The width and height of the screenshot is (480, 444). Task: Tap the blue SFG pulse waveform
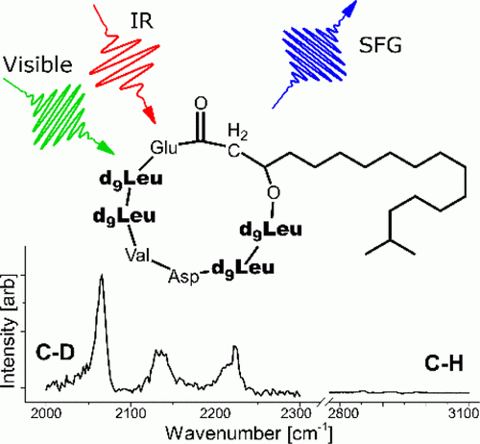pyautogui.click(x=314, y=56)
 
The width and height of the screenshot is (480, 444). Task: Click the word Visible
pyautogui.click(x=37, y=64)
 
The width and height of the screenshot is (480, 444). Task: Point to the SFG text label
pyautogui.click(x=380, y=45)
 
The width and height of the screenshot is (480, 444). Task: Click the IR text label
pyautogui.click(x=142, y=21)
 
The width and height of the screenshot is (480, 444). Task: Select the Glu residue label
pyautogui.click(x=163, y=148)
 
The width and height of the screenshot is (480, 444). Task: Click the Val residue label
pyautogui.click(x=137, y=256)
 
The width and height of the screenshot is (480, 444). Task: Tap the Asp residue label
pyautogui.click(x=183, y=277)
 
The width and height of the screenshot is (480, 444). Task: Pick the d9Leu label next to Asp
pyautogui.click(x=243, y=268)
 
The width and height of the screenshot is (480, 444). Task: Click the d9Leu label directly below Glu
pyautogui.click(x=132, y=179)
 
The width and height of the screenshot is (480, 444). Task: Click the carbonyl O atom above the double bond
pyautogui.click(x=201, y=104)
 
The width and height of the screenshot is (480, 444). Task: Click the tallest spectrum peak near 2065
pyautogui.click(x=102, y=276)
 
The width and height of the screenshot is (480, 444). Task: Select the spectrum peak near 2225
pyautogui.click(x=235, y=347)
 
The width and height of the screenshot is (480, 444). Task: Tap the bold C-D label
pyautogui.click(x=56, y=353)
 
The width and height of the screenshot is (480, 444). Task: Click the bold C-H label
pyautogui.click(x=444, y=363)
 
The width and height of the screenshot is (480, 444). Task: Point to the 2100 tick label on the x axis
pyautogui.click(x=131, y=414)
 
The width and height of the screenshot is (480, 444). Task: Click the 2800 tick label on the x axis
pyautogui.click(x=341, y=414)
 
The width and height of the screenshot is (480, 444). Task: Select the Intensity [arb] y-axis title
pyautogui.click(x=9, y=331)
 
